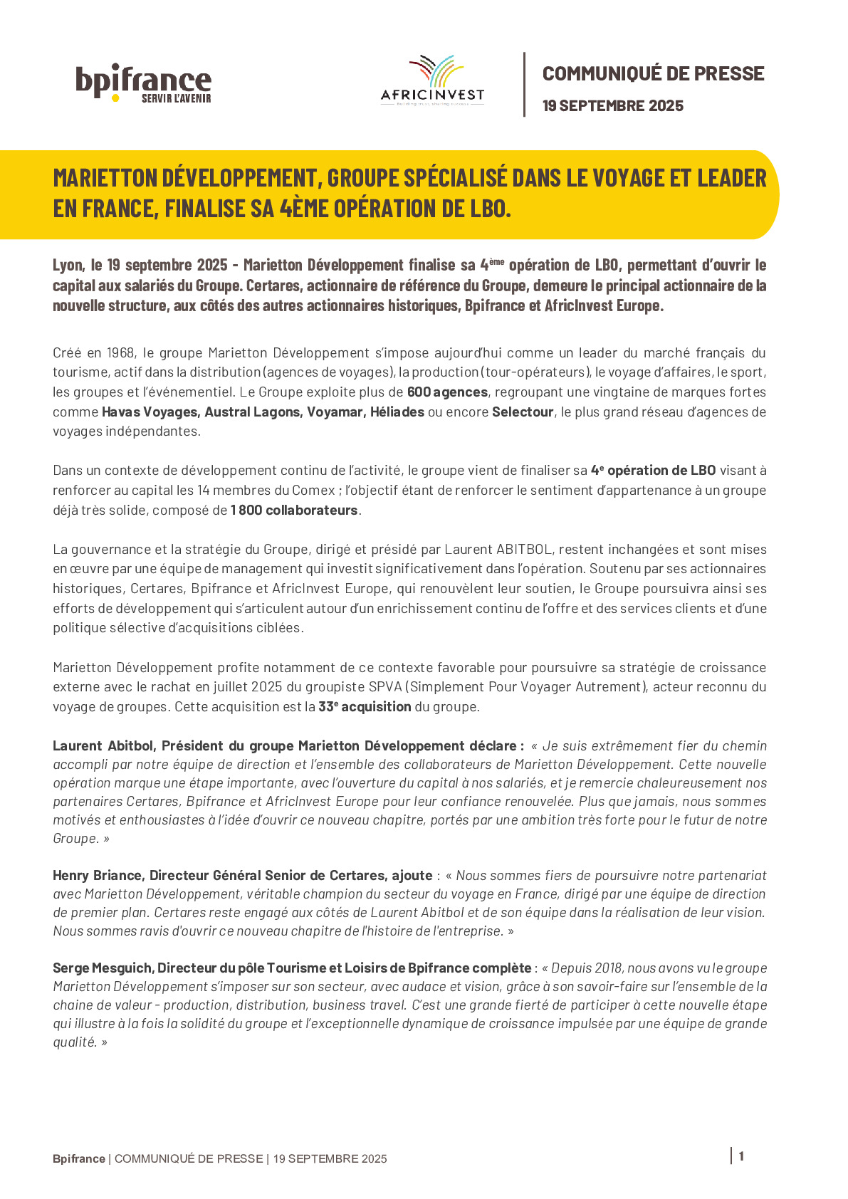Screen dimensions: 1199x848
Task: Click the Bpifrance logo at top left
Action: point(143,83)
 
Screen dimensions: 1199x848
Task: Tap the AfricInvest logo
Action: point(432,81)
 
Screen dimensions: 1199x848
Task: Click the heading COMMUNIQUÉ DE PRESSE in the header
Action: point(653,73)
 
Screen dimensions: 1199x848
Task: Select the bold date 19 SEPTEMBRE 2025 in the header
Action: point(612,106)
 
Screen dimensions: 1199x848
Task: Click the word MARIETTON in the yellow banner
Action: point(105,178)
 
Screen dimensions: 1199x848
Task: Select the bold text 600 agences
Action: point(447,392)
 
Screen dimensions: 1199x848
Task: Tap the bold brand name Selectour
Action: point(523,412)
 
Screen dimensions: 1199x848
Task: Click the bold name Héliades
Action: point(397,412)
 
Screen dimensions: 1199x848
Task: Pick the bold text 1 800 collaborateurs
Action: point(294,510)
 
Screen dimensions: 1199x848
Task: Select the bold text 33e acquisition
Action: point(365,706)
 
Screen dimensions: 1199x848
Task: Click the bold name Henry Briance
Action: point(98,875)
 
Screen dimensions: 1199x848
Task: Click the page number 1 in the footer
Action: point(741,1156)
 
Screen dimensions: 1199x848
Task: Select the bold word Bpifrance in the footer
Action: point(79,1158)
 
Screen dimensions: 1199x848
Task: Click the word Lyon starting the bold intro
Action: point(68,265)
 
